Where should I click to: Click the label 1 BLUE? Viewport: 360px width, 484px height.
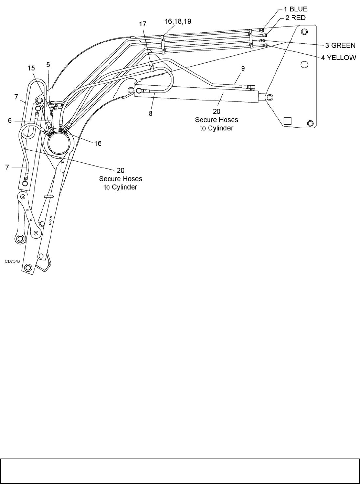click(x=295, y=9)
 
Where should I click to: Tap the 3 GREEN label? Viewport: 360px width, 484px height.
click(x=340, y=45)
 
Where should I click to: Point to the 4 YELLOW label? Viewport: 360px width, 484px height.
click(x=339, y=57)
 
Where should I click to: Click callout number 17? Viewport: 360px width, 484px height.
click(x=142, y=24)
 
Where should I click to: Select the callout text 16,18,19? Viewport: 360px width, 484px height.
click(x=178, y=21)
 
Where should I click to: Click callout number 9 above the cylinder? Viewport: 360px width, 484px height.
click(x=243, y=68)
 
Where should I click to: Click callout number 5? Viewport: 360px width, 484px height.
click(x=48, y=64)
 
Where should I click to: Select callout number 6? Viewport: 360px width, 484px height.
click(x=10, y=120)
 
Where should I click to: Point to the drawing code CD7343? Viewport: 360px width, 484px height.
click(x=12, y=261)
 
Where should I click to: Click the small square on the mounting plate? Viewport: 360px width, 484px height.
click(x=287, y=121)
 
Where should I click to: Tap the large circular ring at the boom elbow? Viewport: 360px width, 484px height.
click(x=59, y=143)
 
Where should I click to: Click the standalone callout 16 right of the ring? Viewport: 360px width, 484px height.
click(x=98, y=143)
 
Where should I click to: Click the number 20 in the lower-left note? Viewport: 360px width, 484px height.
click(x=120, y=170)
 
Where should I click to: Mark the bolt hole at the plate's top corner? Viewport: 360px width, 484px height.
click(x=304, y=32)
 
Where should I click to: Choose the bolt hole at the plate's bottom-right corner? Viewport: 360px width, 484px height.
click(x=310, y=123)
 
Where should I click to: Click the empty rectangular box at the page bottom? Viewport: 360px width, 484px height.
click(x=180, y=471)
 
